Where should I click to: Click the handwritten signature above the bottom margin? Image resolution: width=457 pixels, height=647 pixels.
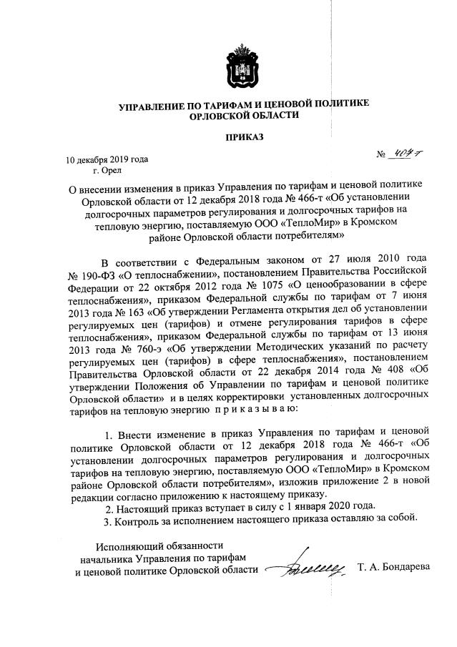point(313,570)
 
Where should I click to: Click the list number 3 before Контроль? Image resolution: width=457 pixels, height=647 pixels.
point(107,519)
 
